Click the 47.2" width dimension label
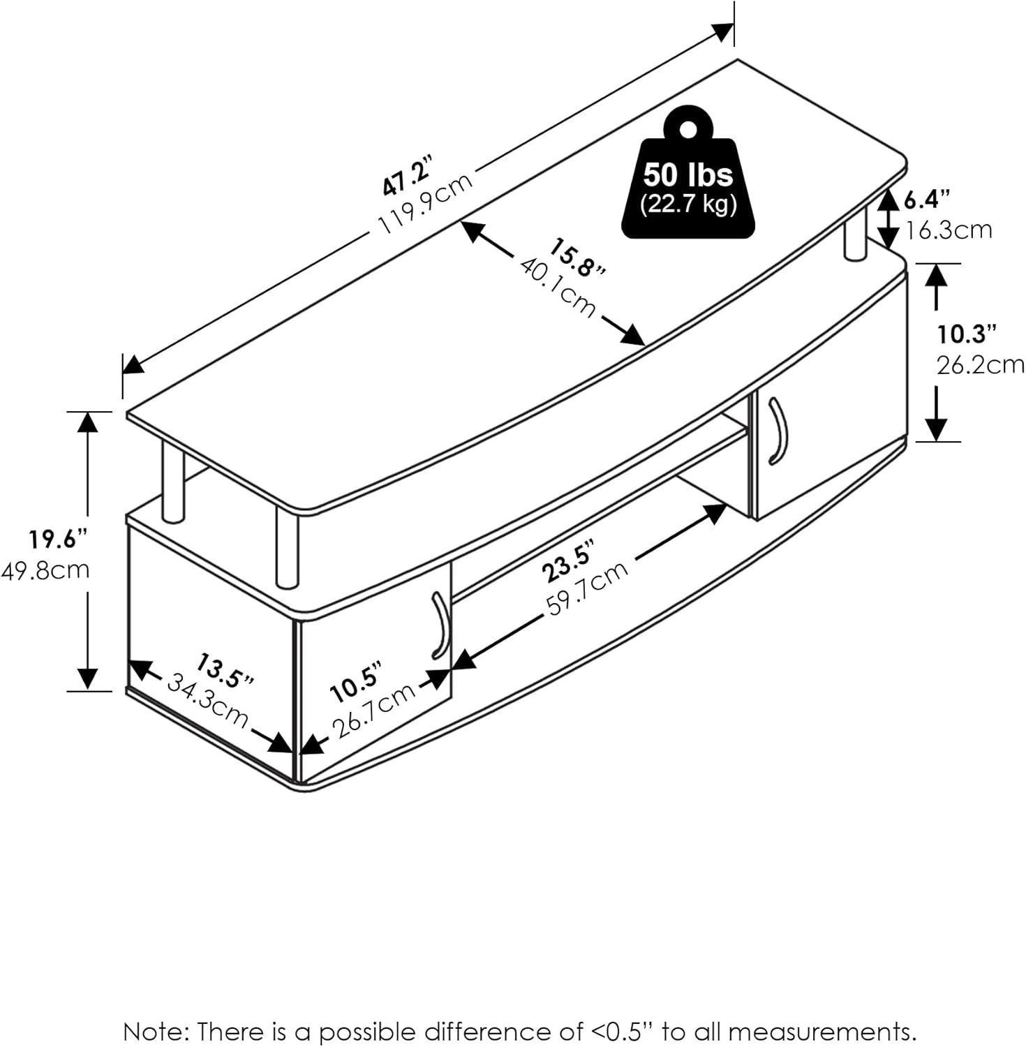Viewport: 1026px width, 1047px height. click(408, 178)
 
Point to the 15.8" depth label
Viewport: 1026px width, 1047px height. click(577, 259)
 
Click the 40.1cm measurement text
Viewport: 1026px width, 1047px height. click(558, 287)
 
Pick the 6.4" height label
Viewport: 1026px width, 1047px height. click(927, 200)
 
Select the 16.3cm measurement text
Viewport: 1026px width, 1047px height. click(949, 230)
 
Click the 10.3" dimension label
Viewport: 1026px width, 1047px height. click(965, 334)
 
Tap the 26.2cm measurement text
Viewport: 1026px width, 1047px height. click(979, 364)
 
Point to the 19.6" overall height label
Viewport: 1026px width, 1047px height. click(59, 539)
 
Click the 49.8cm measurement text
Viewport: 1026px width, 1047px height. click(46, 570)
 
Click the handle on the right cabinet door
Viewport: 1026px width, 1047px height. click(778, 430)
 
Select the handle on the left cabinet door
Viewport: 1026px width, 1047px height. click(440, 625)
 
